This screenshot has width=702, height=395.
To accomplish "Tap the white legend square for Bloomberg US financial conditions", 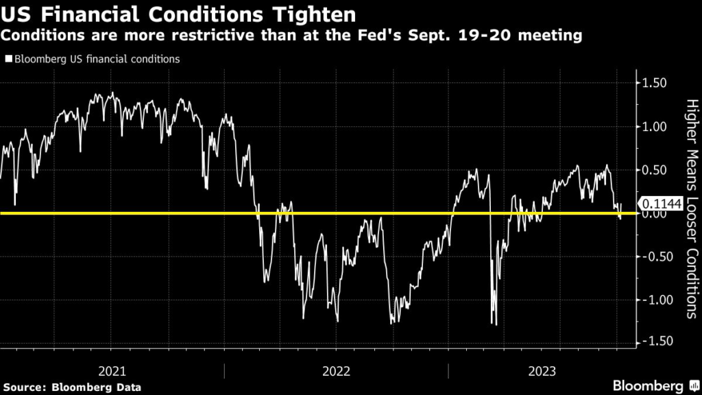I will click(9, 60).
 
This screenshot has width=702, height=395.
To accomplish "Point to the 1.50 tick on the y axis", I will click(656, 84).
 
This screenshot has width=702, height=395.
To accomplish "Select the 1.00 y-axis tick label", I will click(656, 127).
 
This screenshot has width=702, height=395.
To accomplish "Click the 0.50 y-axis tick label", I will click(656, 170).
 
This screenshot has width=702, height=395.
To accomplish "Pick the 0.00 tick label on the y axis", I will click(656, 213).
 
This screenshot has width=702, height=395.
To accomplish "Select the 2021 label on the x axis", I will click(112, 371).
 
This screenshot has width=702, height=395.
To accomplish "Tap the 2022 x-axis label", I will click(336, 371).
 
